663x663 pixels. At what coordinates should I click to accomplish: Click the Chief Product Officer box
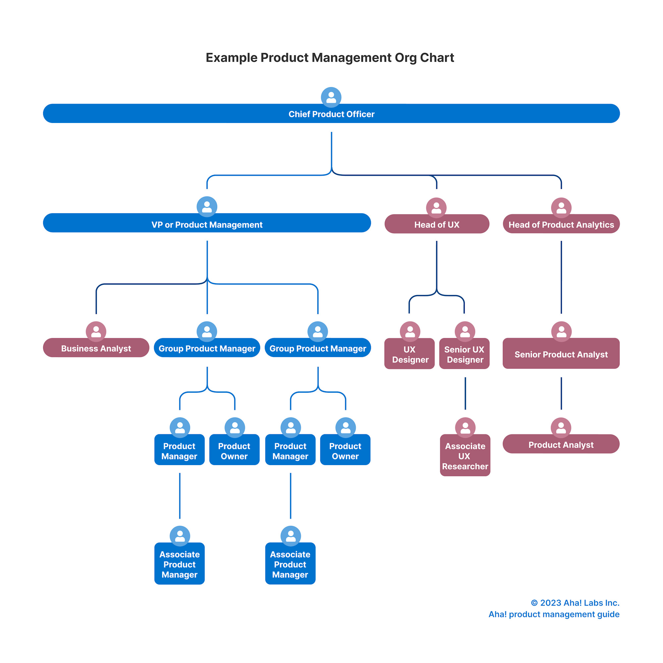(x=331, y=114)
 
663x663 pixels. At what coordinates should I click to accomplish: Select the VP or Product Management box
(x=207, y=224)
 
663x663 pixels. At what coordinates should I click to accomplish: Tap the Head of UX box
(x=437, y=224)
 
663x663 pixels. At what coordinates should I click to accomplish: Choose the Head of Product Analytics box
(x=561, y=224)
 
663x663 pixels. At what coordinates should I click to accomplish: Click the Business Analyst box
(x=96, y=348)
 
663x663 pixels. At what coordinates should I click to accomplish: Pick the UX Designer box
(x=409, y=354)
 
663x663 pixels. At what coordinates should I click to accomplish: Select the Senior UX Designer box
(x=464, y=354)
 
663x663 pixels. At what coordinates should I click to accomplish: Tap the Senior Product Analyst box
(x=561, y=354)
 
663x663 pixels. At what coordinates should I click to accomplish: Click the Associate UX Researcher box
(x=465, y=456)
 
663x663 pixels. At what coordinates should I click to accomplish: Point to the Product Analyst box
(x=561, y=445)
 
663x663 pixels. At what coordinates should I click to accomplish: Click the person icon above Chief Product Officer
(x=331, y=97)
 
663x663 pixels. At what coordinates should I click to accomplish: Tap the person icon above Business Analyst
(x=96, y=331)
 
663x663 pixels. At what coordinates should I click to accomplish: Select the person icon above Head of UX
(x=436, y=207)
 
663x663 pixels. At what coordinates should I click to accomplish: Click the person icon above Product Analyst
(x=561, y=427)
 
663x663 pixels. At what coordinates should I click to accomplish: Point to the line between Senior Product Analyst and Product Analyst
(x=562, y=393)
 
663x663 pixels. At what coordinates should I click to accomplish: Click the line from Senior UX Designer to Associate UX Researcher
(x=465, y=393)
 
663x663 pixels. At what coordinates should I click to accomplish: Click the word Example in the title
(x=231, y=58)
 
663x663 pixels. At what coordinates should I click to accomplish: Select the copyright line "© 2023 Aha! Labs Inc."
(x=575, y=603)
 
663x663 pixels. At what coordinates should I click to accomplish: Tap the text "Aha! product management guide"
(x=554, y=614)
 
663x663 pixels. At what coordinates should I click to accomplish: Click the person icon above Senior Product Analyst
(x=562, y=331)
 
